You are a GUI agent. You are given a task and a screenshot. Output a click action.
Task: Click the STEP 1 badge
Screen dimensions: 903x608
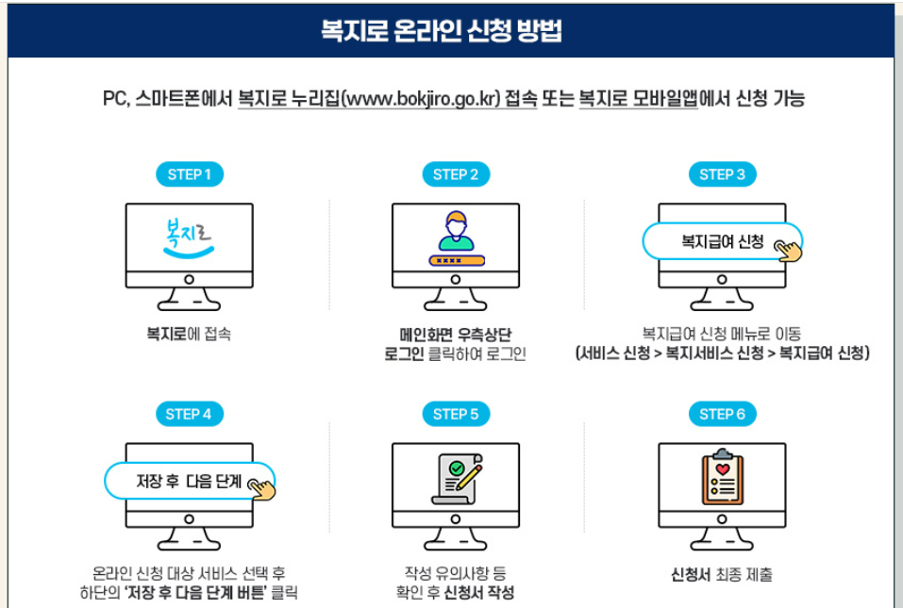[189, 174]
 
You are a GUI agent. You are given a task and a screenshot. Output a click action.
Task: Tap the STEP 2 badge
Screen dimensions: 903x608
[456, 174]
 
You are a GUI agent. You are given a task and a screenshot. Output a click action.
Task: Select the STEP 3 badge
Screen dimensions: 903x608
[722, 174]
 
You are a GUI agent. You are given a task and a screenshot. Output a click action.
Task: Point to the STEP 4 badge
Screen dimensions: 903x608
[189, 414]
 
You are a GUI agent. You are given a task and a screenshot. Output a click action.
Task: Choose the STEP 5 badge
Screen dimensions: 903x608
[456, 414]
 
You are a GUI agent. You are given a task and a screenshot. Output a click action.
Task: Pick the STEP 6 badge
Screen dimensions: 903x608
[722, 414]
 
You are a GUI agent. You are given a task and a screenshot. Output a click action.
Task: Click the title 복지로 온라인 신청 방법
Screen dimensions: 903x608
[442, 31]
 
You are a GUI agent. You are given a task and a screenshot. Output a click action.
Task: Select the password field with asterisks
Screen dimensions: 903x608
[456, 260]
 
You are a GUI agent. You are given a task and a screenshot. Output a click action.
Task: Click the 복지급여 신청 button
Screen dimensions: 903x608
[722, 241]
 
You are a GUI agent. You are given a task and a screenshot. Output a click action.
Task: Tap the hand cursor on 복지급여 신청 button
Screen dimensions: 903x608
[788, 249]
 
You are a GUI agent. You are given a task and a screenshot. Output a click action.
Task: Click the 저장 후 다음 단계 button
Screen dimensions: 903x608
[189, 481]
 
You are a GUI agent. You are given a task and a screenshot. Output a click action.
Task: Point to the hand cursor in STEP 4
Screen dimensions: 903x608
[261, 487]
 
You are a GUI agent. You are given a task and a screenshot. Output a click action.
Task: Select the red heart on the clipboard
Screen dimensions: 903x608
[723, 468]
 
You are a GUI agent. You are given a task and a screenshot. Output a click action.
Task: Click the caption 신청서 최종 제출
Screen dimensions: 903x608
[722, 574]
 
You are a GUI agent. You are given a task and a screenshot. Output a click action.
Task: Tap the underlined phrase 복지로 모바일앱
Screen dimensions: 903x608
[638, 99]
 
